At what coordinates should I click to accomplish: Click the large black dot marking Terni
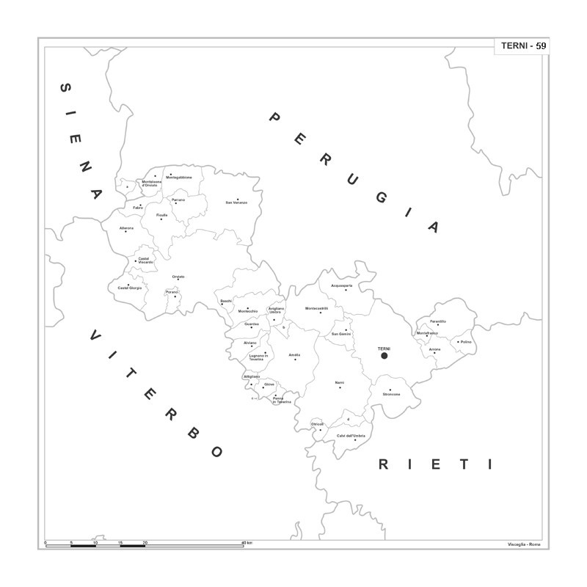[x=384, y=356]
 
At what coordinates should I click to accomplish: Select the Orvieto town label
[x=178, y=277]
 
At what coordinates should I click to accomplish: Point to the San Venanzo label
[x=236, y=202]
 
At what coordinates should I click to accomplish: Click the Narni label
[x=339, y=382]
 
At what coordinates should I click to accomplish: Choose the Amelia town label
[x=294, y=354]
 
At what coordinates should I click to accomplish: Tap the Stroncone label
[x=391, y=394]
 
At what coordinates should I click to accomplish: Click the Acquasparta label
[x=342, y=285]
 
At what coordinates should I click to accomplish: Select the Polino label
[x=465, y=341]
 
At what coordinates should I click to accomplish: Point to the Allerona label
[x=127, y=228]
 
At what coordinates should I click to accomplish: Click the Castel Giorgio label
[x=130, y=288]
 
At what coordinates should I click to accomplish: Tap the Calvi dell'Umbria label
[x=351, y=436]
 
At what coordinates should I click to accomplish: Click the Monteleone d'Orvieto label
[x=150, y=183]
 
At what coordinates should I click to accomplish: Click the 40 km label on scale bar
[x=247, y=542]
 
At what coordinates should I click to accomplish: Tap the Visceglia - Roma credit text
[x=523, y=544]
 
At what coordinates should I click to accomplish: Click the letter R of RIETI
[x=383, y=464]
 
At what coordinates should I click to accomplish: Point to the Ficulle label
[x=161, y=215]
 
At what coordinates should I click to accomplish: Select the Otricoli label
[x=317, y=424]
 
